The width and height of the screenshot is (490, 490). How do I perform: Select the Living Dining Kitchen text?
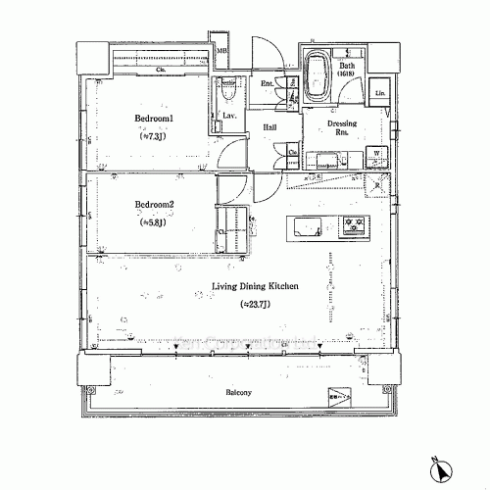255,287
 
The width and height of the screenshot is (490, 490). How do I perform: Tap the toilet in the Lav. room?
227,90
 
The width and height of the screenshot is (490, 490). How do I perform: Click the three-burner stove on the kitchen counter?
355,224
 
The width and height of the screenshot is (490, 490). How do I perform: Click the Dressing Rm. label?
342,129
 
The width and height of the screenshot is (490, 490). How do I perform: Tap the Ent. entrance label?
267,83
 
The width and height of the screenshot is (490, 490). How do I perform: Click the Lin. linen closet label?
379,93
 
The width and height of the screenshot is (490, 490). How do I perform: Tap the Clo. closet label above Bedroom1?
160,71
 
